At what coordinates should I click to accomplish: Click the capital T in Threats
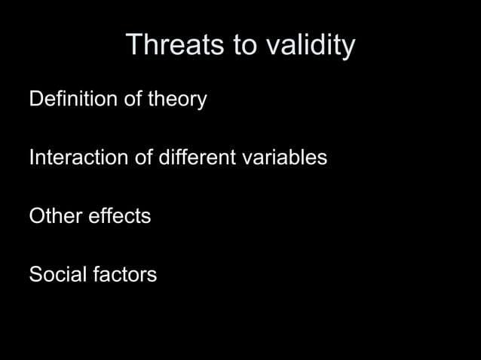(x=133, y=45)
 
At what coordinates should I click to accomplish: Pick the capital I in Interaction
(x=31, y=158)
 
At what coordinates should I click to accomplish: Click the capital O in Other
(x=36, y=217)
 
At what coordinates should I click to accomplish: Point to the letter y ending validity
(x=348, y=49)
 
